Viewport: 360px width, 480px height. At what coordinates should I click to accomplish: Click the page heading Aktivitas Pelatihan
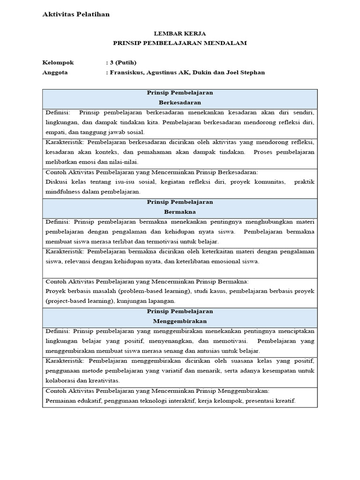pyautogui.click(x=76, y=15)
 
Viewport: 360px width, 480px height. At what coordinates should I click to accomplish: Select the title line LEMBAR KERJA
pyautogui.click(x=180, y=34)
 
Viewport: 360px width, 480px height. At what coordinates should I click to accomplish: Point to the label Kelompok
pyautogui.click(x=58, y=62)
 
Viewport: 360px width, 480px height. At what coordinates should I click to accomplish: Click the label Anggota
pyautogui.click(x=55, y=72)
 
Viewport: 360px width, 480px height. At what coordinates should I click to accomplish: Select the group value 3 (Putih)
pyautogui.click(x=123, y=62)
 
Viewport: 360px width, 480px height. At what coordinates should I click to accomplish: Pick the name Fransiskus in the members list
pyautogui.click(x=127, y=72)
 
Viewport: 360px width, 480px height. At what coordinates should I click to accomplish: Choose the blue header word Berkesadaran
pyautogui.click(x=180, y=102)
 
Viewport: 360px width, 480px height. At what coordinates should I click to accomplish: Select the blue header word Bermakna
pyautogui.click(x=180, y=211)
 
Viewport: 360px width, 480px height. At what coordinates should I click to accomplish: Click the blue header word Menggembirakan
pyautogui.click(x=180, y=321)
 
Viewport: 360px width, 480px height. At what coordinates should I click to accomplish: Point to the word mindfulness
pyautogui.click(x=64, y=192)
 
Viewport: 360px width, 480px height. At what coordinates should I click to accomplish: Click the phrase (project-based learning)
pyautogui.click(x=79, y=301)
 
